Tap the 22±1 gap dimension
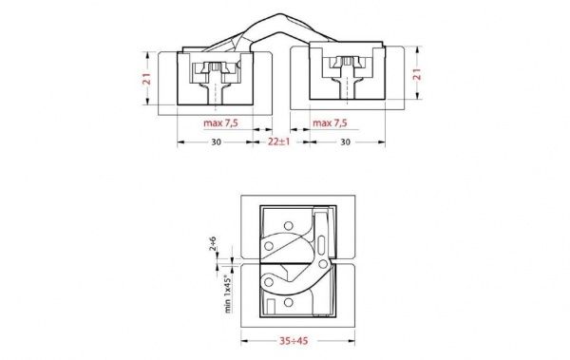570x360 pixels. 276,142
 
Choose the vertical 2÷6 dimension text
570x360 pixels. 215,246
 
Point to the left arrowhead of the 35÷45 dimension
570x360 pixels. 244,334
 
